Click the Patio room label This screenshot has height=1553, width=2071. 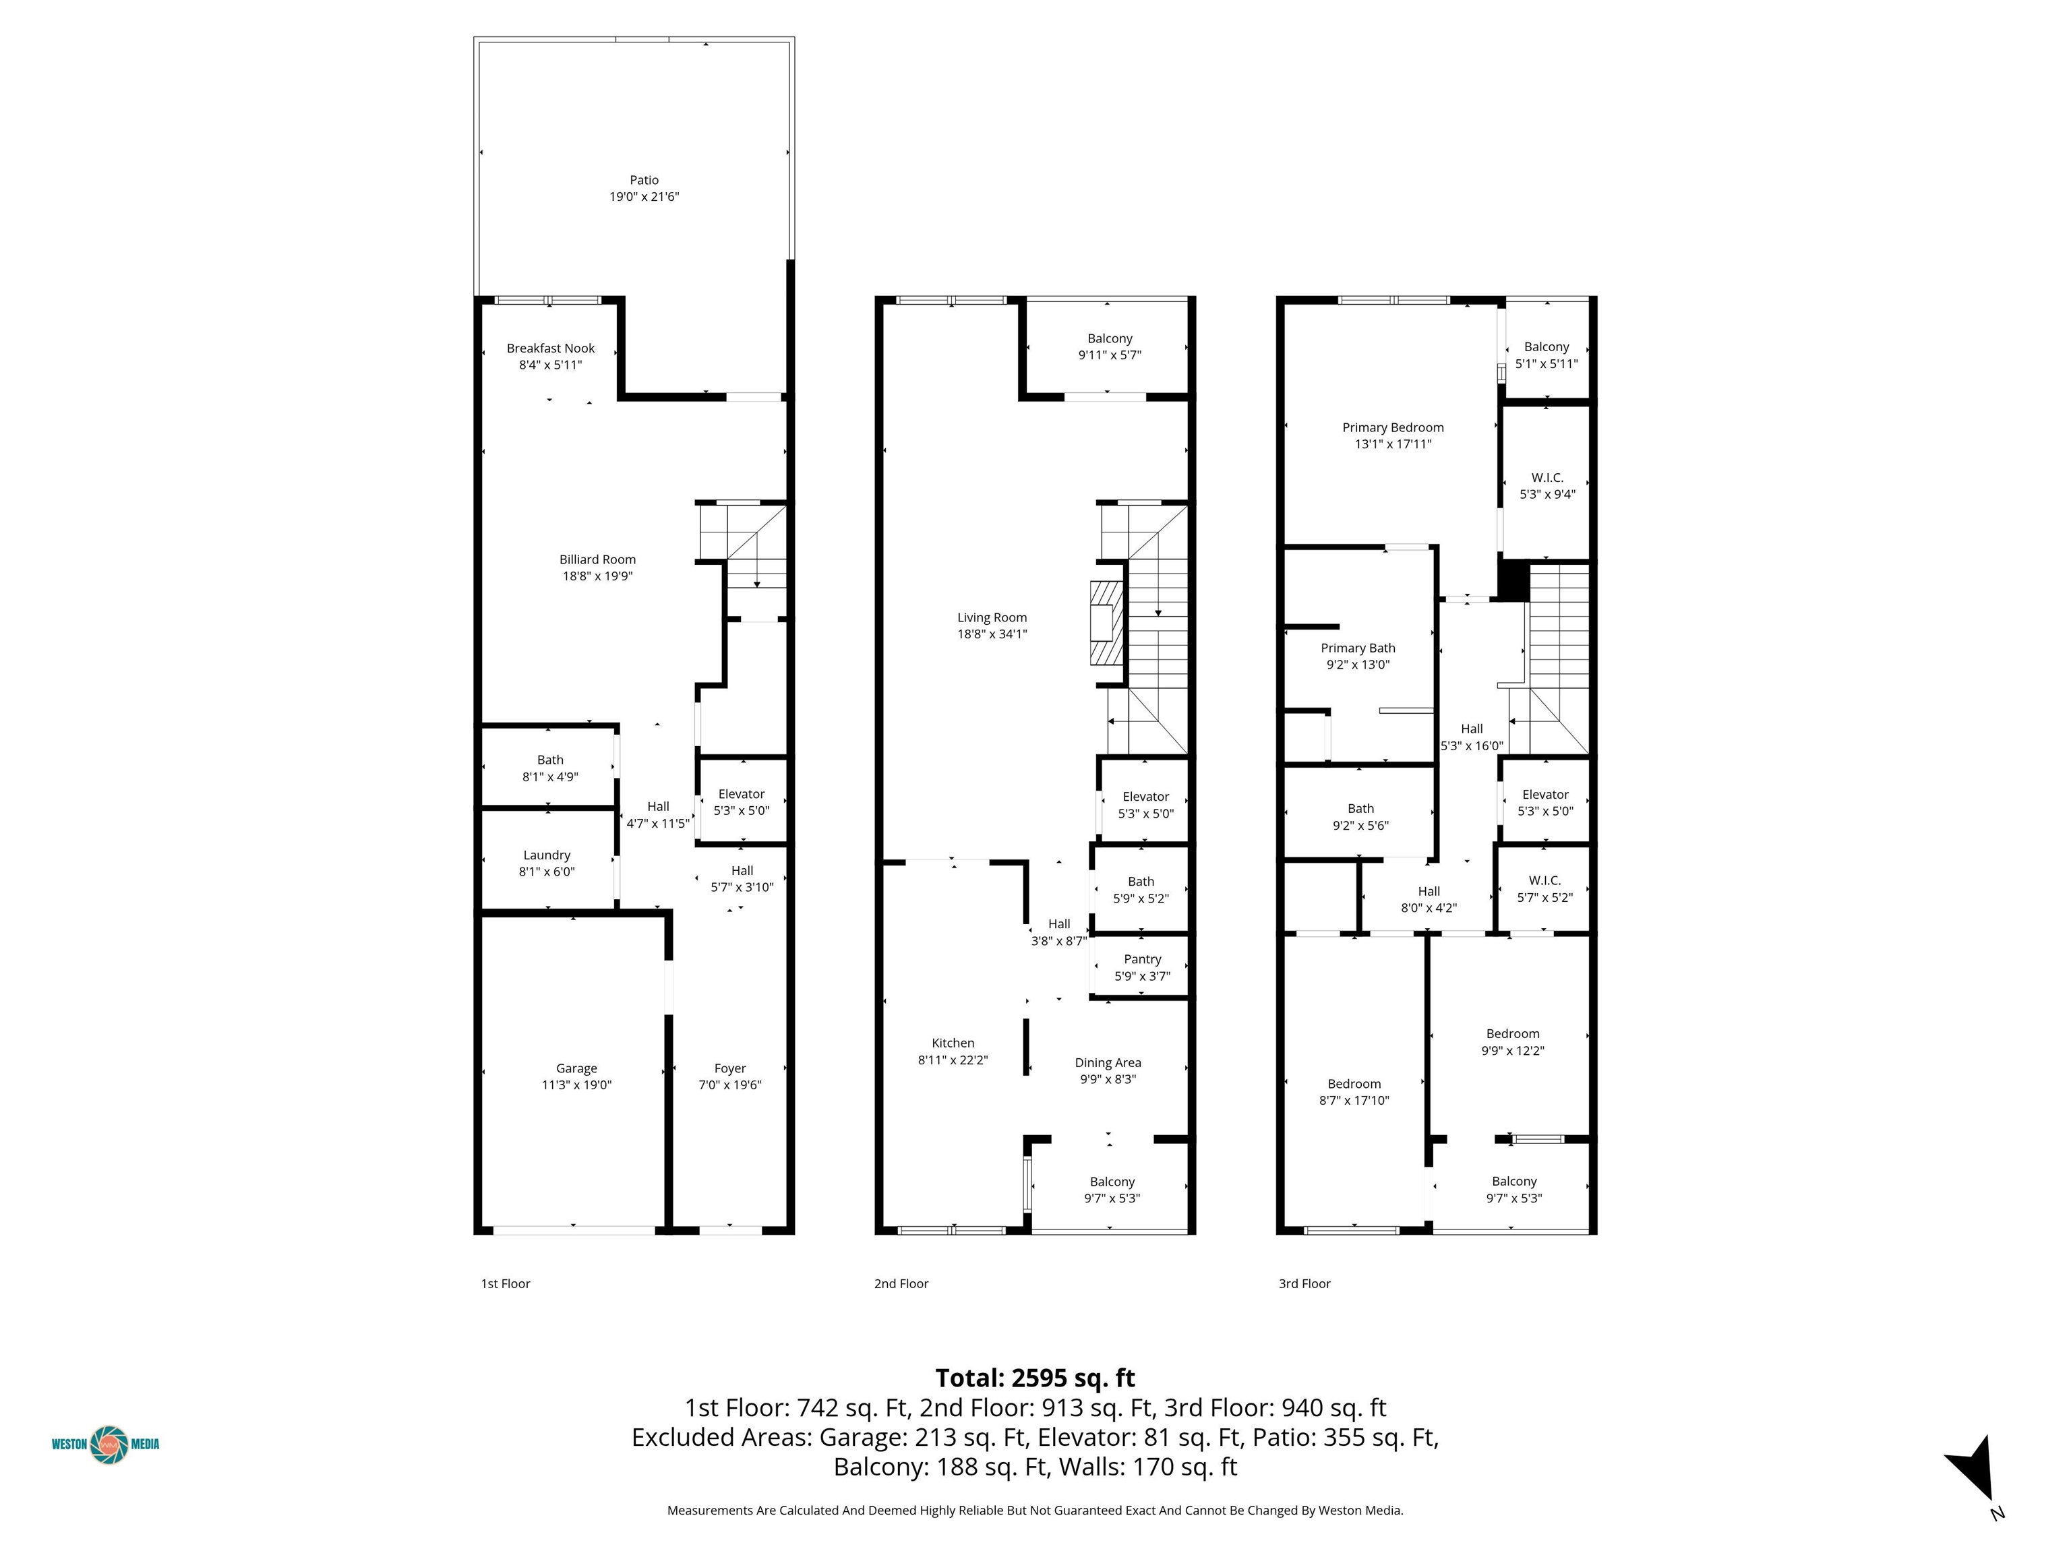[644, 180]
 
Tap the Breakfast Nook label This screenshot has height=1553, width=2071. [551, 348]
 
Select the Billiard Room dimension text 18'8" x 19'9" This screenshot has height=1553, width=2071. [597, 576]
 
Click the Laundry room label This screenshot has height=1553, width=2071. [547, 855]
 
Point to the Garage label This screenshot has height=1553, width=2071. [576, 1068]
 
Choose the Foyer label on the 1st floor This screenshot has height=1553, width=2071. [730, 1068]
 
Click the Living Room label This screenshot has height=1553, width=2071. [992, 618]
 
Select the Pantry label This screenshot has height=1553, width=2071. [1142, 960]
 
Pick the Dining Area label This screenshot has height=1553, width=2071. [1108, 1062]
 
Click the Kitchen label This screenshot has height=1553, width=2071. [953, 1043]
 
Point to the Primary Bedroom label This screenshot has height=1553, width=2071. [1393, 428]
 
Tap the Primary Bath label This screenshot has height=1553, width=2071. [1358, 648]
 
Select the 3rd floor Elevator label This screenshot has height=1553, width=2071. [1546, 795]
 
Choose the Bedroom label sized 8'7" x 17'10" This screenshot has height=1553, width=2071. [1355, 1084]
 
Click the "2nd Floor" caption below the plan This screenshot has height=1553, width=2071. [901, 1283]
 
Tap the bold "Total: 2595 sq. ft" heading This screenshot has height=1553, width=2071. [1035, 1378]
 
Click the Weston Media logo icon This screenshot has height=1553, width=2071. [109, 1444]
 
